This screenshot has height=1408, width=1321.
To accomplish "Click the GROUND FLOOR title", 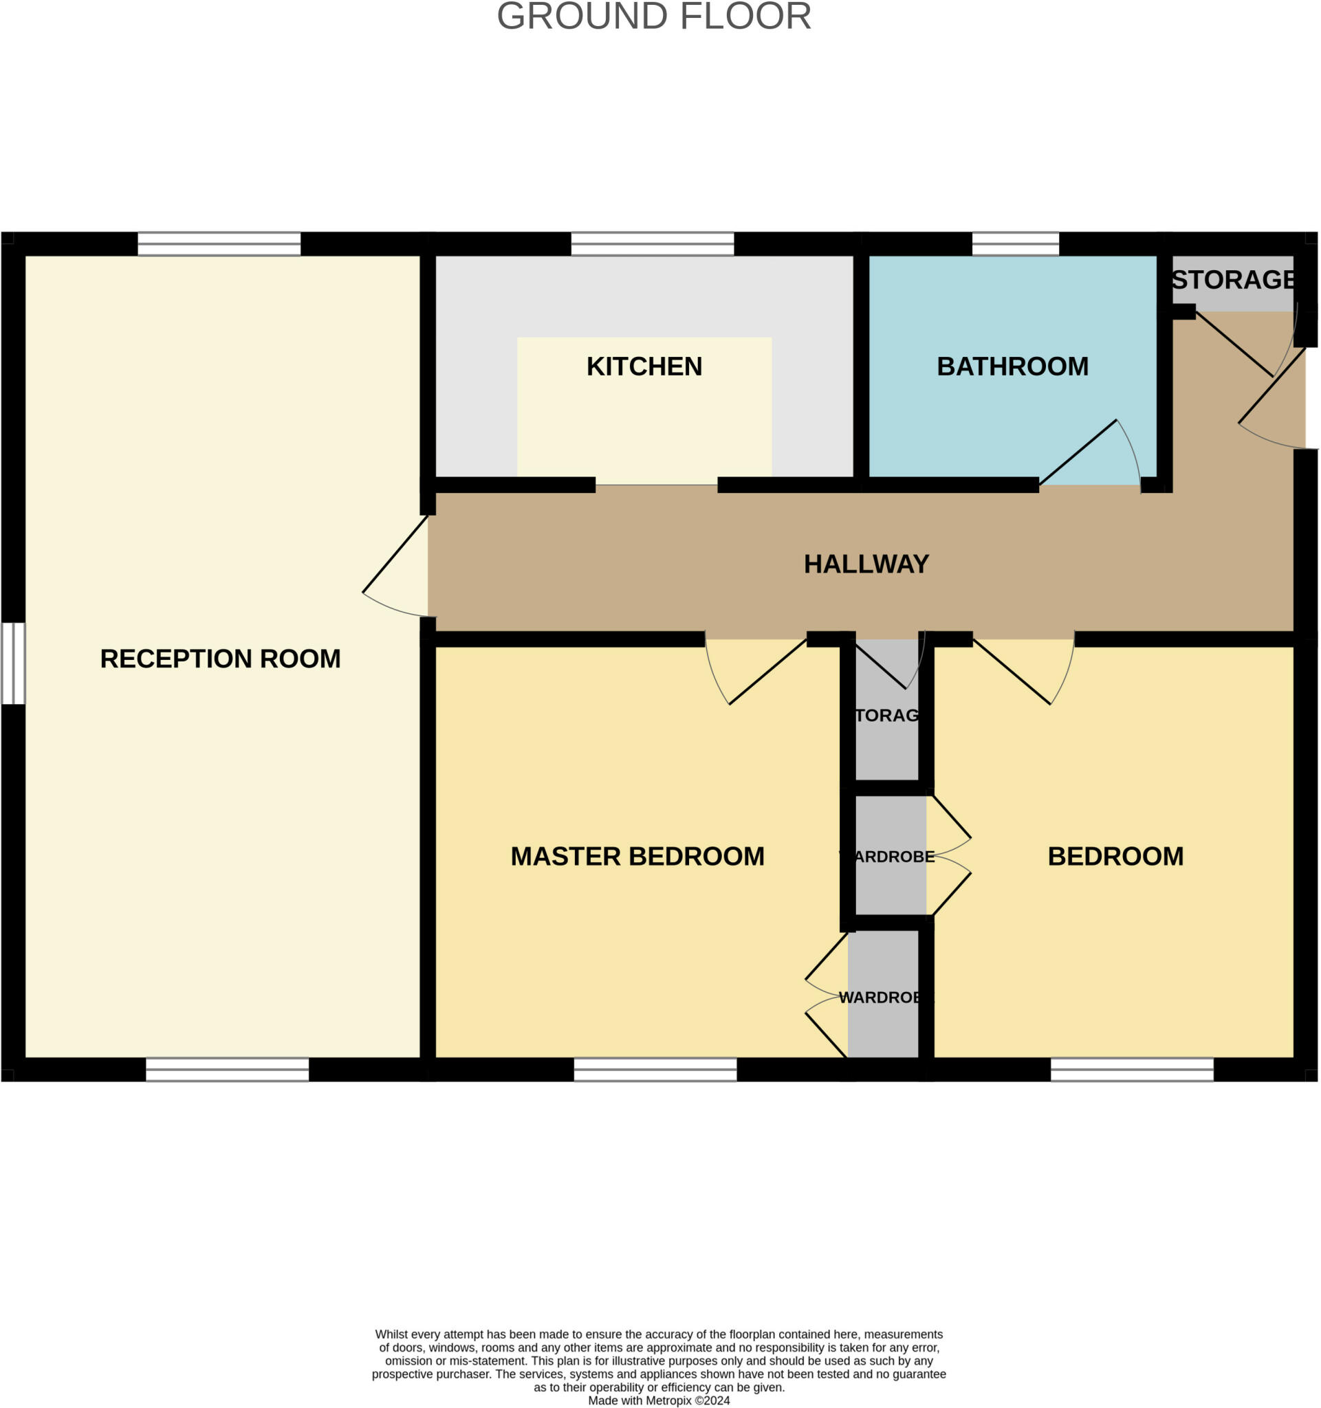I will [x=654, y=16].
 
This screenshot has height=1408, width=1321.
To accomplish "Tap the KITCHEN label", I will [x=644, y=366].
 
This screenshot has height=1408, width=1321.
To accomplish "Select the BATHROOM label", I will [x=1012, y=366].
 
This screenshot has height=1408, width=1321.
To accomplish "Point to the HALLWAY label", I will [x=866, y=564].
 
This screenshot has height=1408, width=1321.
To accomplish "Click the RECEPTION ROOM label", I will [x=220, y=659].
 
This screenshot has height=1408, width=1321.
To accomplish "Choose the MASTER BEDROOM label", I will [x=637, y=856].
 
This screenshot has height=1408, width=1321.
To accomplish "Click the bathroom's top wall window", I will [x=1015, y=243].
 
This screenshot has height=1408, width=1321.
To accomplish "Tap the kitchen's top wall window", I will [x=653, y=243].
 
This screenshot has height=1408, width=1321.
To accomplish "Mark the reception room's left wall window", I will [x=13, y=663].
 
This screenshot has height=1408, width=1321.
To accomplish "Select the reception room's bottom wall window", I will [x=228, y=1070].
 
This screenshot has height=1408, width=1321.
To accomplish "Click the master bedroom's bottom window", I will [x=655, y=1070].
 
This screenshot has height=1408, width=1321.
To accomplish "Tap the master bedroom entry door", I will [x=754, y=670].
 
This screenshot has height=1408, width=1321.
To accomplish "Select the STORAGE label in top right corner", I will [x=1233, y=280].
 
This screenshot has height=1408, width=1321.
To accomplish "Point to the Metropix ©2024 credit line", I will [x=659, y=1400].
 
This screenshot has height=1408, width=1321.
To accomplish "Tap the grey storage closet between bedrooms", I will [x=887, y=729].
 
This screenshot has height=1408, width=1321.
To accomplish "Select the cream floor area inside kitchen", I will [x=644, y=425].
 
